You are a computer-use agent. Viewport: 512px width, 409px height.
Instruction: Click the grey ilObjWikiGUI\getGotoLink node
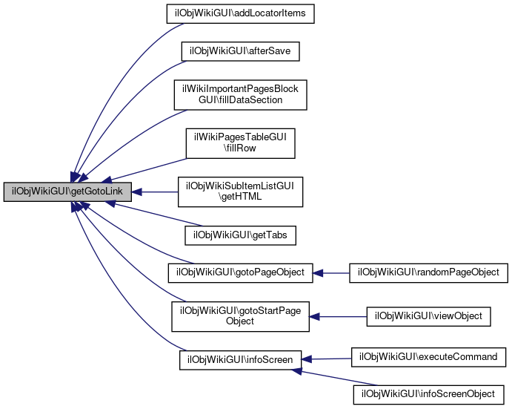67,192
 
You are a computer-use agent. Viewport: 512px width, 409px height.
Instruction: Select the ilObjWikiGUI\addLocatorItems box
241,14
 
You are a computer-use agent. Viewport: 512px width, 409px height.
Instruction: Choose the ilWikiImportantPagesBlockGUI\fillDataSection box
241,94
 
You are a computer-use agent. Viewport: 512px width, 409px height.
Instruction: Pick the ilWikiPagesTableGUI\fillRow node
241,143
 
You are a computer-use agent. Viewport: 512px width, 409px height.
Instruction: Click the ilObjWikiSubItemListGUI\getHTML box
241,192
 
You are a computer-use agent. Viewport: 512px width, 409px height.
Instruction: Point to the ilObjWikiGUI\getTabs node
241,235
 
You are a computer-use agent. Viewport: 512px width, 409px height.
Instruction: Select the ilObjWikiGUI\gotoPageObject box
241,272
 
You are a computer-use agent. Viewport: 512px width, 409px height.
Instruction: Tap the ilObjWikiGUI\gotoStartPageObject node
241,315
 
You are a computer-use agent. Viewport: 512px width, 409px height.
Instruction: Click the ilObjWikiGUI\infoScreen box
241,360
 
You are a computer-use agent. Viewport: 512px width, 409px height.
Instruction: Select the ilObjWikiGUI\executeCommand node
428,357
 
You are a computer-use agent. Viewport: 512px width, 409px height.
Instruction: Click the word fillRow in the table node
241,148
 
